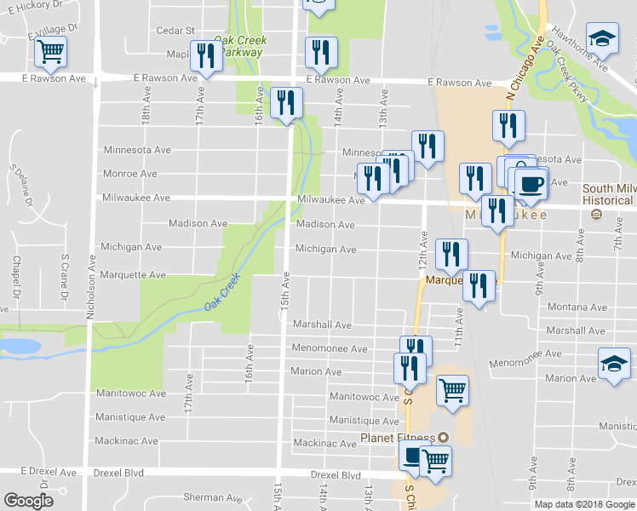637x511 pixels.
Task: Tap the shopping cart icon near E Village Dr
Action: click(x=50, y=53)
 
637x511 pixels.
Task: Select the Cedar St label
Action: click(x=176, y=31)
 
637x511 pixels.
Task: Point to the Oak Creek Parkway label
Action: click(x=240, y=45)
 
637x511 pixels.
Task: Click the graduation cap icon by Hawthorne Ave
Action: click(x=602, y=39)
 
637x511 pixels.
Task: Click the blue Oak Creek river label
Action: click(x=223, y=291)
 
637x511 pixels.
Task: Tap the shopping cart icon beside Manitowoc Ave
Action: click(x=452, y=390)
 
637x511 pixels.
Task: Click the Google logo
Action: click(x=28, y=501)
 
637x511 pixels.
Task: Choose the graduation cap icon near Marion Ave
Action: click(x=614, y=364)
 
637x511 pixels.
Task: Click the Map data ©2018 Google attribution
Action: click(x=583, y=504)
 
